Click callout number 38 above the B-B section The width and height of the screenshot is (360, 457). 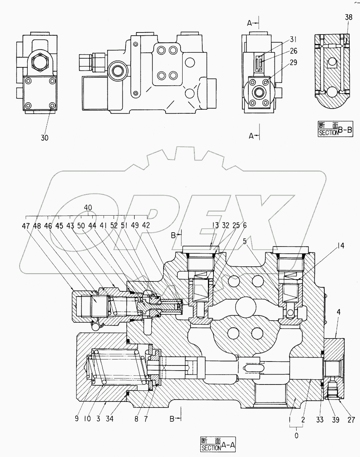click(349, 17)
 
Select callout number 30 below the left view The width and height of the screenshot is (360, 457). click(45, 138)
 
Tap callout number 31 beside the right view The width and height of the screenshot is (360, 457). click(293, 39)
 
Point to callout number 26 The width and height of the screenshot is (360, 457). click(293, 51)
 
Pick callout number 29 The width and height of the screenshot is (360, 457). click(293, 62)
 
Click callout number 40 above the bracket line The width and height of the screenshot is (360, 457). click(88, 208)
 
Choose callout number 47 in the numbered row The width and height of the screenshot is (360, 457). click(26, 226)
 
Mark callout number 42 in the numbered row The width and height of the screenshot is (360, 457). click(146, 226)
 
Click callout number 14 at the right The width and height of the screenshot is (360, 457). click(340, 246)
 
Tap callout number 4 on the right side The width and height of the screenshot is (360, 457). click(339, 312)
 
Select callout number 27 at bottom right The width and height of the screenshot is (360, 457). click(351, 420)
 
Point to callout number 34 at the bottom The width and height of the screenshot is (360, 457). click(110, 419)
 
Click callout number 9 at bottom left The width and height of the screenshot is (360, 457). click(76, 419)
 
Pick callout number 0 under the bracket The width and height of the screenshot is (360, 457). click(297, 436)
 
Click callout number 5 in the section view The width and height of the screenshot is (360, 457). click(245, 241)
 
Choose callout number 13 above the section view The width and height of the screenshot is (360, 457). click(215, 225)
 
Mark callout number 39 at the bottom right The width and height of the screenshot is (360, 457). click(335, 420)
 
